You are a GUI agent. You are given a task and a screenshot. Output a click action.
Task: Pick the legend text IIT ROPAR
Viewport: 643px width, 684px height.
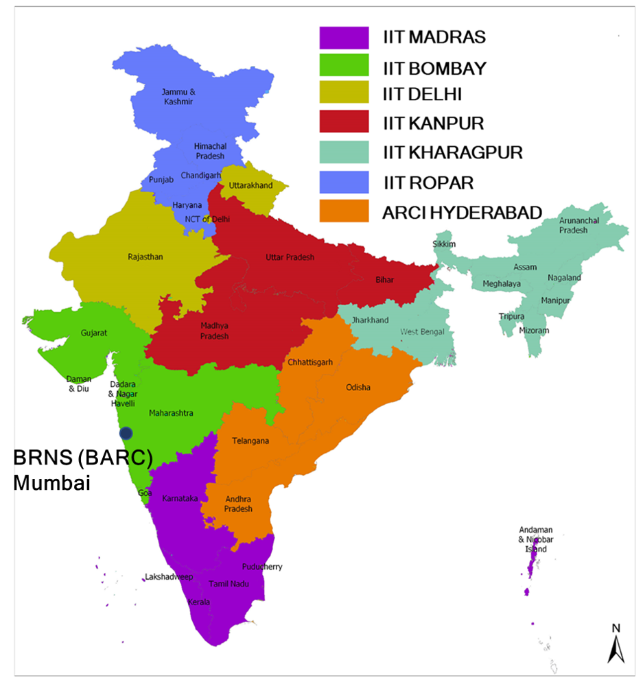click(428, 182)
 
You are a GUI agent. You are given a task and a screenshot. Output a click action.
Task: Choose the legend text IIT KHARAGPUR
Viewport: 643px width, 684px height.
click(452, 152)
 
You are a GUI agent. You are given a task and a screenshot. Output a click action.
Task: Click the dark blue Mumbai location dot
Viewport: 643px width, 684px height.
click(126, 433)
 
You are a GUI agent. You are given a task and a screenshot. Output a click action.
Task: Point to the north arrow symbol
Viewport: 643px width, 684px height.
click(616, 645)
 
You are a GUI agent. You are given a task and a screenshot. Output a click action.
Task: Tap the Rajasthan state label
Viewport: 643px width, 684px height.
click(145, 257)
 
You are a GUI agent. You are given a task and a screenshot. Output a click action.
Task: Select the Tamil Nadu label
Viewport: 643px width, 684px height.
click(229, 583)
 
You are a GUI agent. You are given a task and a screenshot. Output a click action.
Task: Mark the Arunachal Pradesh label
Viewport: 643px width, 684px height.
click(573, 226)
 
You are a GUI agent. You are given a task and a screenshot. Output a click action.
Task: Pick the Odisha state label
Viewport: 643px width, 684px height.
click(358, 388)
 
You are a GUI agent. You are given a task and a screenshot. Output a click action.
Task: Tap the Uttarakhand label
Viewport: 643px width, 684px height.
click(250, 185)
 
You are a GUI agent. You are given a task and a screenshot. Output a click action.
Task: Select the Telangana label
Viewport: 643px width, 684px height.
click(250, 440)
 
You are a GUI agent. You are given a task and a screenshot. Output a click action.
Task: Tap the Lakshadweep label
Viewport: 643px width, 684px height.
click(169, 577)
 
